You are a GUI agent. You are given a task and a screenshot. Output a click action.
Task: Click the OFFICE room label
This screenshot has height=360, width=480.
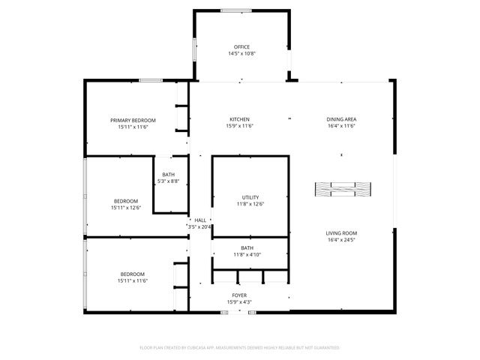[241, 46]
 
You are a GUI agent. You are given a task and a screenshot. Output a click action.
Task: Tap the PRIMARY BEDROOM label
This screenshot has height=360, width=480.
[133, 121]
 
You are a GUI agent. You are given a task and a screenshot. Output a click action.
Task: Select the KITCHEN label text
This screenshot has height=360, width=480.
[239, 119]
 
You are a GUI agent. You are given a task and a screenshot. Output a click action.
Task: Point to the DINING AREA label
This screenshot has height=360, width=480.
[340, 119]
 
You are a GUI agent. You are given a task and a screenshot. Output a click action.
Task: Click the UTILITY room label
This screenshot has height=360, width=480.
[250, 196]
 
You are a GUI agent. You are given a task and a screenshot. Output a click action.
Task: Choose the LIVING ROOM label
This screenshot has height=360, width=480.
[340, 233]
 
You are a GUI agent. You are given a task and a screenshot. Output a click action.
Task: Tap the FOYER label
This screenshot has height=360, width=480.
[238, 295]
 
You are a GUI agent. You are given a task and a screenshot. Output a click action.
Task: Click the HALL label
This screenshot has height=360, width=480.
[200, 220]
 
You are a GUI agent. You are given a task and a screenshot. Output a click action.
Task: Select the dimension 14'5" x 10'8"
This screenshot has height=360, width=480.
[241, 53]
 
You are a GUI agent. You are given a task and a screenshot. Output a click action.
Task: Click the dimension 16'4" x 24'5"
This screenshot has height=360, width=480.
[340, 240]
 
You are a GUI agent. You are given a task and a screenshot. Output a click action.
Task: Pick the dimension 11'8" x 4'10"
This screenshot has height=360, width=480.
[247, 254]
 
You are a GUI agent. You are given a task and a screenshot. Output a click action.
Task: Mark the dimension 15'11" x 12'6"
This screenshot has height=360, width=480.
[125, 208]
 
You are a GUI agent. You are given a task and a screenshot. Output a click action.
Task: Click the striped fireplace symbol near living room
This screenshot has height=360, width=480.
[341, 189]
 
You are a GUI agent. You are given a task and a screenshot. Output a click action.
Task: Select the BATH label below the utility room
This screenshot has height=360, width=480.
[247, 247]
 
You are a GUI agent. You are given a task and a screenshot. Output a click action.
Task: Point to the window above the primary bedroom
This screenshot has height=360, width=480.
[151, 80]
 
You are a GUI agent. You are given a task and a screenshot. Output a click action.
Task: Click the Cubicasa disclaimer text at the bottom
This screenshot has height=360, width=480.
[240, 348]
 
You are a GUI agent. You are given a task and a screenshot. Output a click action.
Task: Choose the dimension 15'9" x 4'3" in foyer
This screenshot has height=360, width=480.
[238, 302]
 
